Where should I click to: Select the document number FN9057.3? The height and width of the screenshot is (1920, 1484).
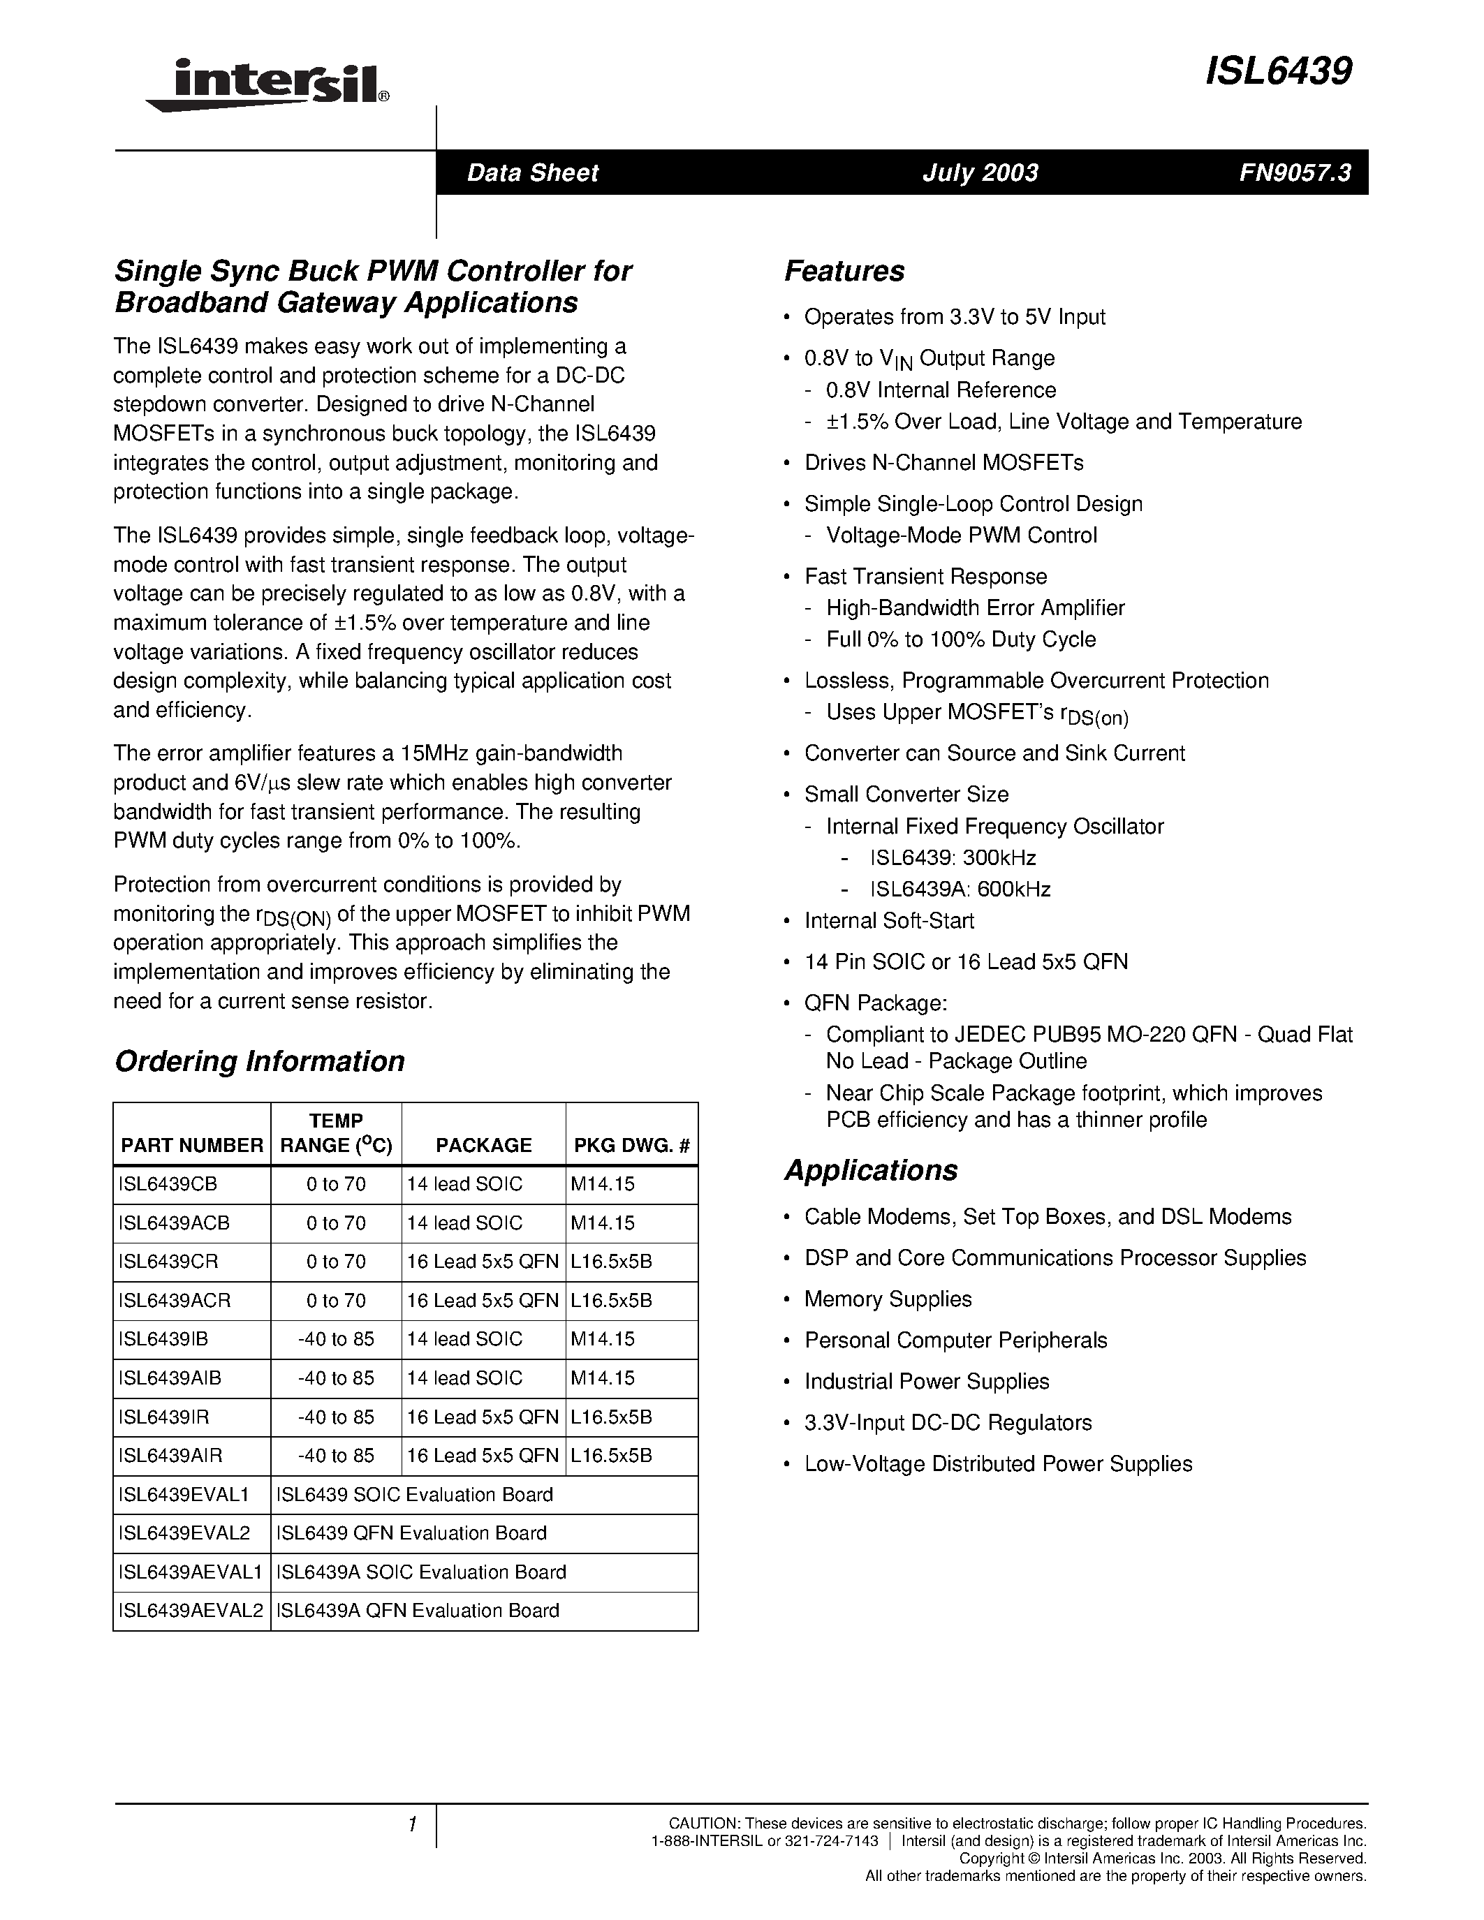1294,172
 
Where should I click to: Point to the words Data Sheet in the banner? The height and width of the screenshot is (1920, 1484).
532,172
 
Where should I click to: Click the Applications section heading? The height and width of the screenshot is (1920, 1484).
870,1170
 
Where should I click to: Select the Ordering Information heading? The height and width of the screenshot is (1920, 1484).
259,1061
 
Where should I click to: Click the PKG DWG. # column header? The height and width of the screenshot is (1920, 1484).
631,1144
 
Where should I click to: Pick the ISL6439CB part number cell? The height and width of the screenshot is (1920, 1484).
168,1184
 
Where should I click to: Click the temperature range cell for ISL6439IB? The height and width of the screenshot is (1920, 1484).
336,1339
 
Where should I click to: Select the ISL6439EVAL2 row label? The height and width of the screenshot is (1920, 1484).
184,1533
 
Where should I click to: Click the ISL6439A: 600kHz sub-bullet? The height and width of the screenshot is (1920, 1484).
960,889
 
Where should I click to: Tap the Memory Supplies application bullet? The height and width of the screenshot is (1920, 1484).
888,1299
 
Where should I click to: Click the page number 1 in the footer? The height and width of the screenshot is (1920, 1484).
411,1824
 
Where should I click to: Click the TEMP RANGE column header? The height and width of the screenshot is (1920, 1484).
336,1133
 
